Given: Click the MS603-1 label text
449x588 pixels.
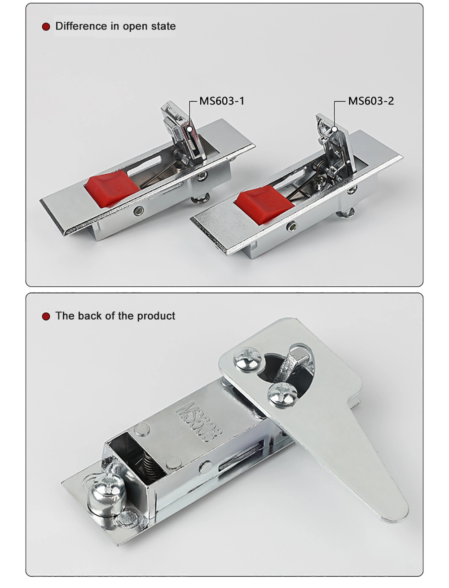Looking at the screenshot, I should click(222, 101).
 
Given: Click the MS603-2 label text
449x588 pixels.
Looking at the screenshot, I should click(371, 101).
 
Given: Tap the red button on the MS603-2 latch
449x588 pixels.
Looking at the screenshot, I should click(257, 202).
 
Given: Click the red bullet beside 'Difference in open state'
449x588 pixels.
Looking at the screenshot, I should click(46, 27).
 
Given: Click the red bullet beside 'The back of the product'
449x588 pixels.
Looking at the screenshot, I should click(46, 316).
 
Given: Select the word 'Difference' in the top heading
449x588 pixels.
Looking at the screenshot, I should click(81, 26).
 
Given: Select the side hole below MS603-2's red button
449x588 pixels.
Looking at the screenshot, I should click(291, 227).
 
